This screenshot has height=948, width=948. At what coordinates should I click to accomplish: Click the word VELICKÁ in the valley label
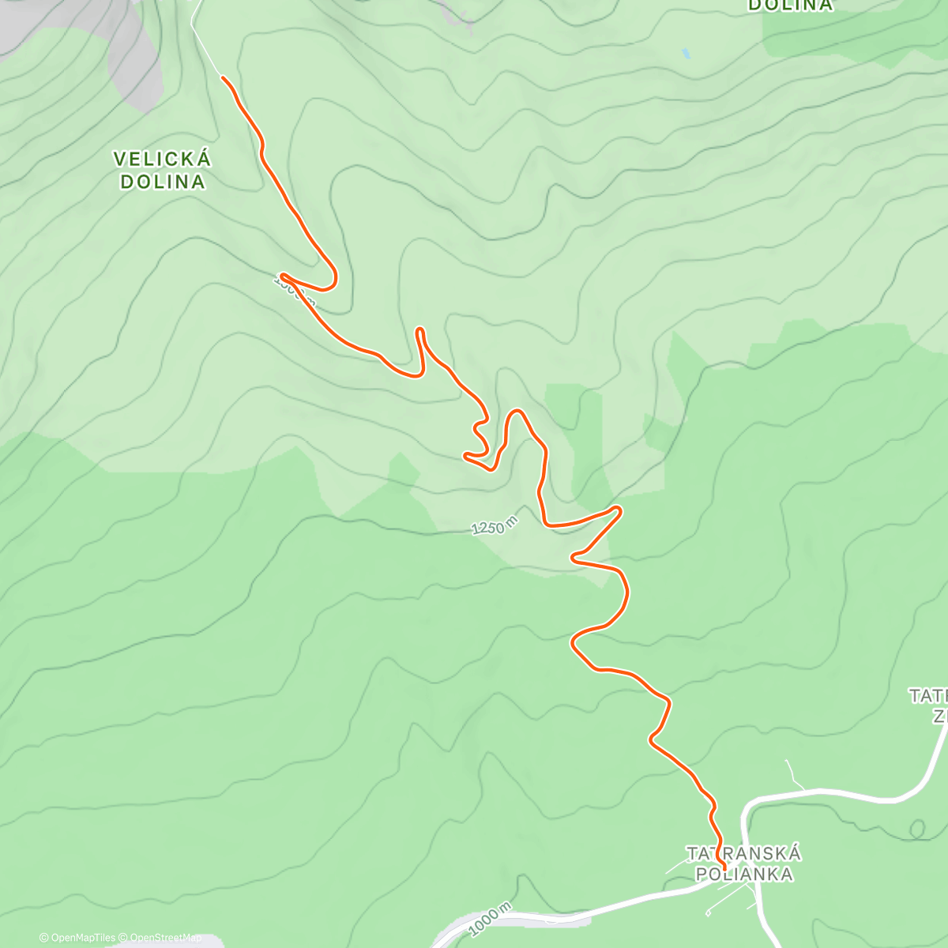pos(162,160)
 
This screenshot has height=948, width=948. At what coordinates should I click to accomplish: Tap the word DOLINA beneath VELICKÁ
pos(162,182)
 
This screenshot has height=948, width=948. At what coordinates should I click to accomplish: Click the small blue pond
pos(686,54)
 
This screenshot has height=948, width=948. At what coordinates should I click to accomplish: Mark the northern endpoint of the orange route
pos(224,78)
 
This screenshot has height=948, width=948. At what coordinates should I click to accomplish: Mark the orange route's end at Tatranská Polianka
pos(724,869)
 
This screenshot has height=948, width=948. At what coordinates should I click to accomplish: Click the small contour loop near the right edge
pos(916,829)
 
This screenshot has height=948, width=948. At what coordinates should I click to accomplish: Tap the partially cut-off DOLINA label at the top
pos(790,6)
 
